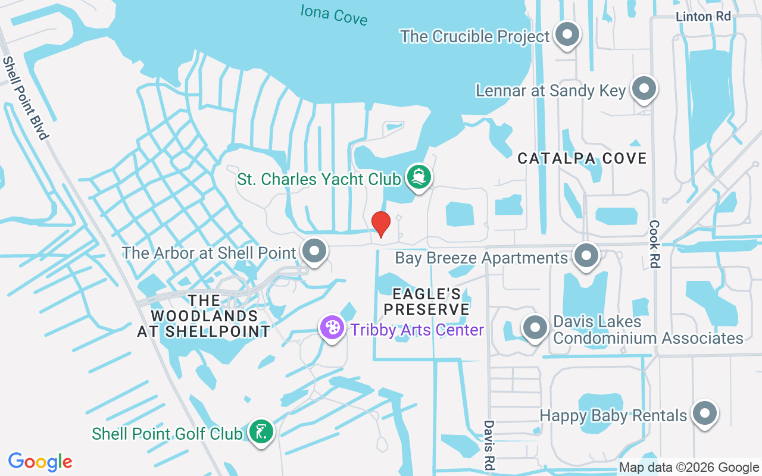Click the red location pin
[380, 224]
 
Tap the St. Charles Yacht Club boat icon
[419, 177]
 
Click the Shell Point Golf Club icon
[260, 432]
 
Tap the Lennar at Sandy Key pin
[643, 89]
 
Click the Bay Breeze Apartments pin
[586, 256]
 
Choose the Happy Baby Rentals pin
[705, 414]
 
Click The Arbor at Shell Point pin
[314, 252]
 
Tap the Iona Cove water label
[333, 14]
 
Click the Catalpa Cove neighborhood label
[582, 158]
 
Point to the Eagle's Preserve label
[427, 302]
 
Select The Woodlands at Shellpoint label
[204, 316]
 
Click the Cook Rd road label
[655, 244]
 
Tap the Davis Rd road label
[489, 445]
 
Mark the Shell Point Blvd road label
[25, 98]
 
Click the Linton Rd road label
[703, 17]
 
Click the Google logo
[40, 462]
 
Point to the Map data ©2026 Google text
[688, 468]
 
